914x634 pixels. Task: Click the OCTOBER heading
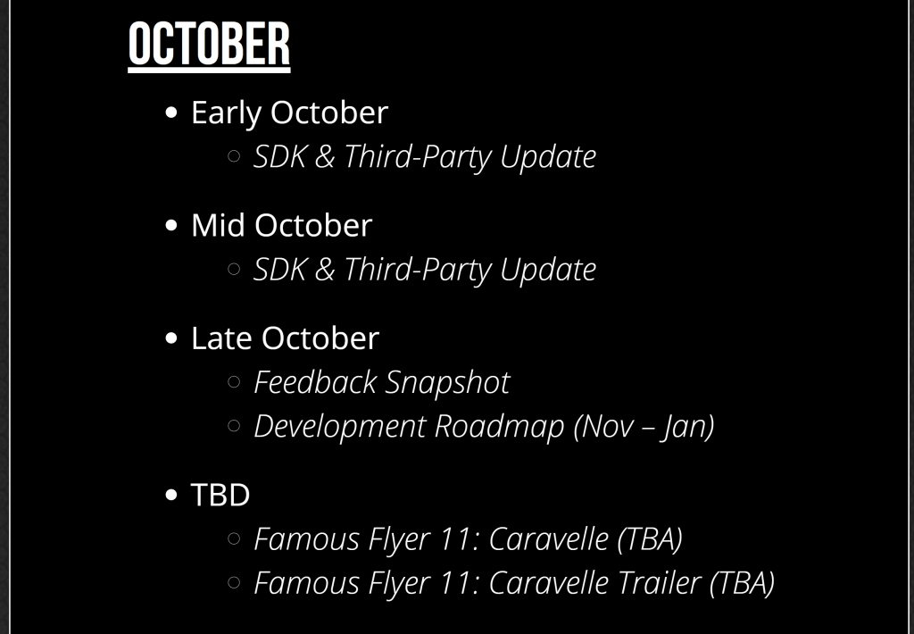point(209,45)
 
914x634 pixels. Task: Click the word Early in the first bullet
point(226,113)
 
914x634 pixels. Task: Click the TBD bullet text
point(220,495)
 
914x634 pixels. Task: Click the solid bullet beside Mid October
point(170,225)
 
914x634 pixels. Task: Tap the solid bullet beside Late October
point(170,338)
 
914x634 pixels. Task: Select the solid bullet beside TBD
point(170,495)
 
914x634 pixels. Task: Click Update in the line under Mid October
point(548,271)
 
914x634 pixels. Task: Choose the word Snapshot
point(447,384)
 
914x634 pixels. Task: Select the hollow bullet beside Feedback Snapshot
point(234,382)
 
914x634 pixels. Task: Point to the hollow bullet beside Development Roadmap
point(234,426)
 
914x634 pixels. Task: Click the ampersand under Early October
point(325,156)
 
